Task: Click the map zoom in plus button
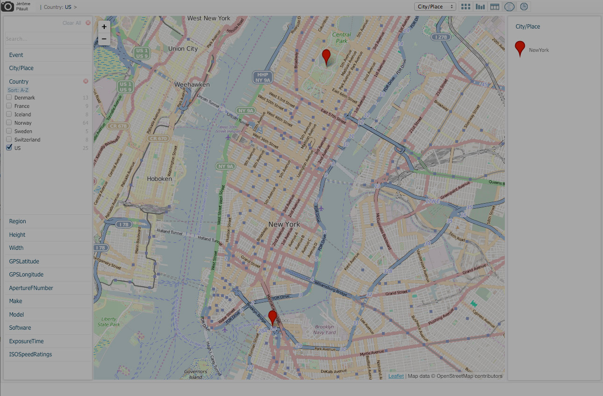(x=104, y=27)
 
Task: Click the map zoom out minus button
(x=104, y=39)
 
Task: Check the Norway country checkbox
(x=9, y=123)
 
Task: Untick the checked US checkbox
(x=9, y=148)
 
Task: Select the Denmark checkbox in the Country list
(x=9, y=98)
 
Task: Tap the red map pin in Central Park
(x=326, y=57)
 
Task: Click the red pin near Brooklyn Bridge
(x=273, y=317)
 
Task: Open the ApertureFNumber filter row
(x=31, y=288)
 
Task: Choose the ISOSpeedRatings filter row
(x=30, y=354)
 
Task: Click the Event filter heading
(x=16, y=55)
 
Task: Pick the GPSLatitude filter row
(x=24, y=262)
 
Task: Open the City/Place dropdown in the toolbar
(x=435, y=7)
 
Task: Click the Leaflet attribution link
(x=396, y=376)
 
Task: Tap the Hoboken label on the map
(x=159, y=178)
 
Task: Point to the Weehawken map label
(x=192, y=85)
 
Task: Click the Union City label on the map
(x=183, y=49)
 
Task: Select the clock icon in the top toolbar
(x=524, y=7)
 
